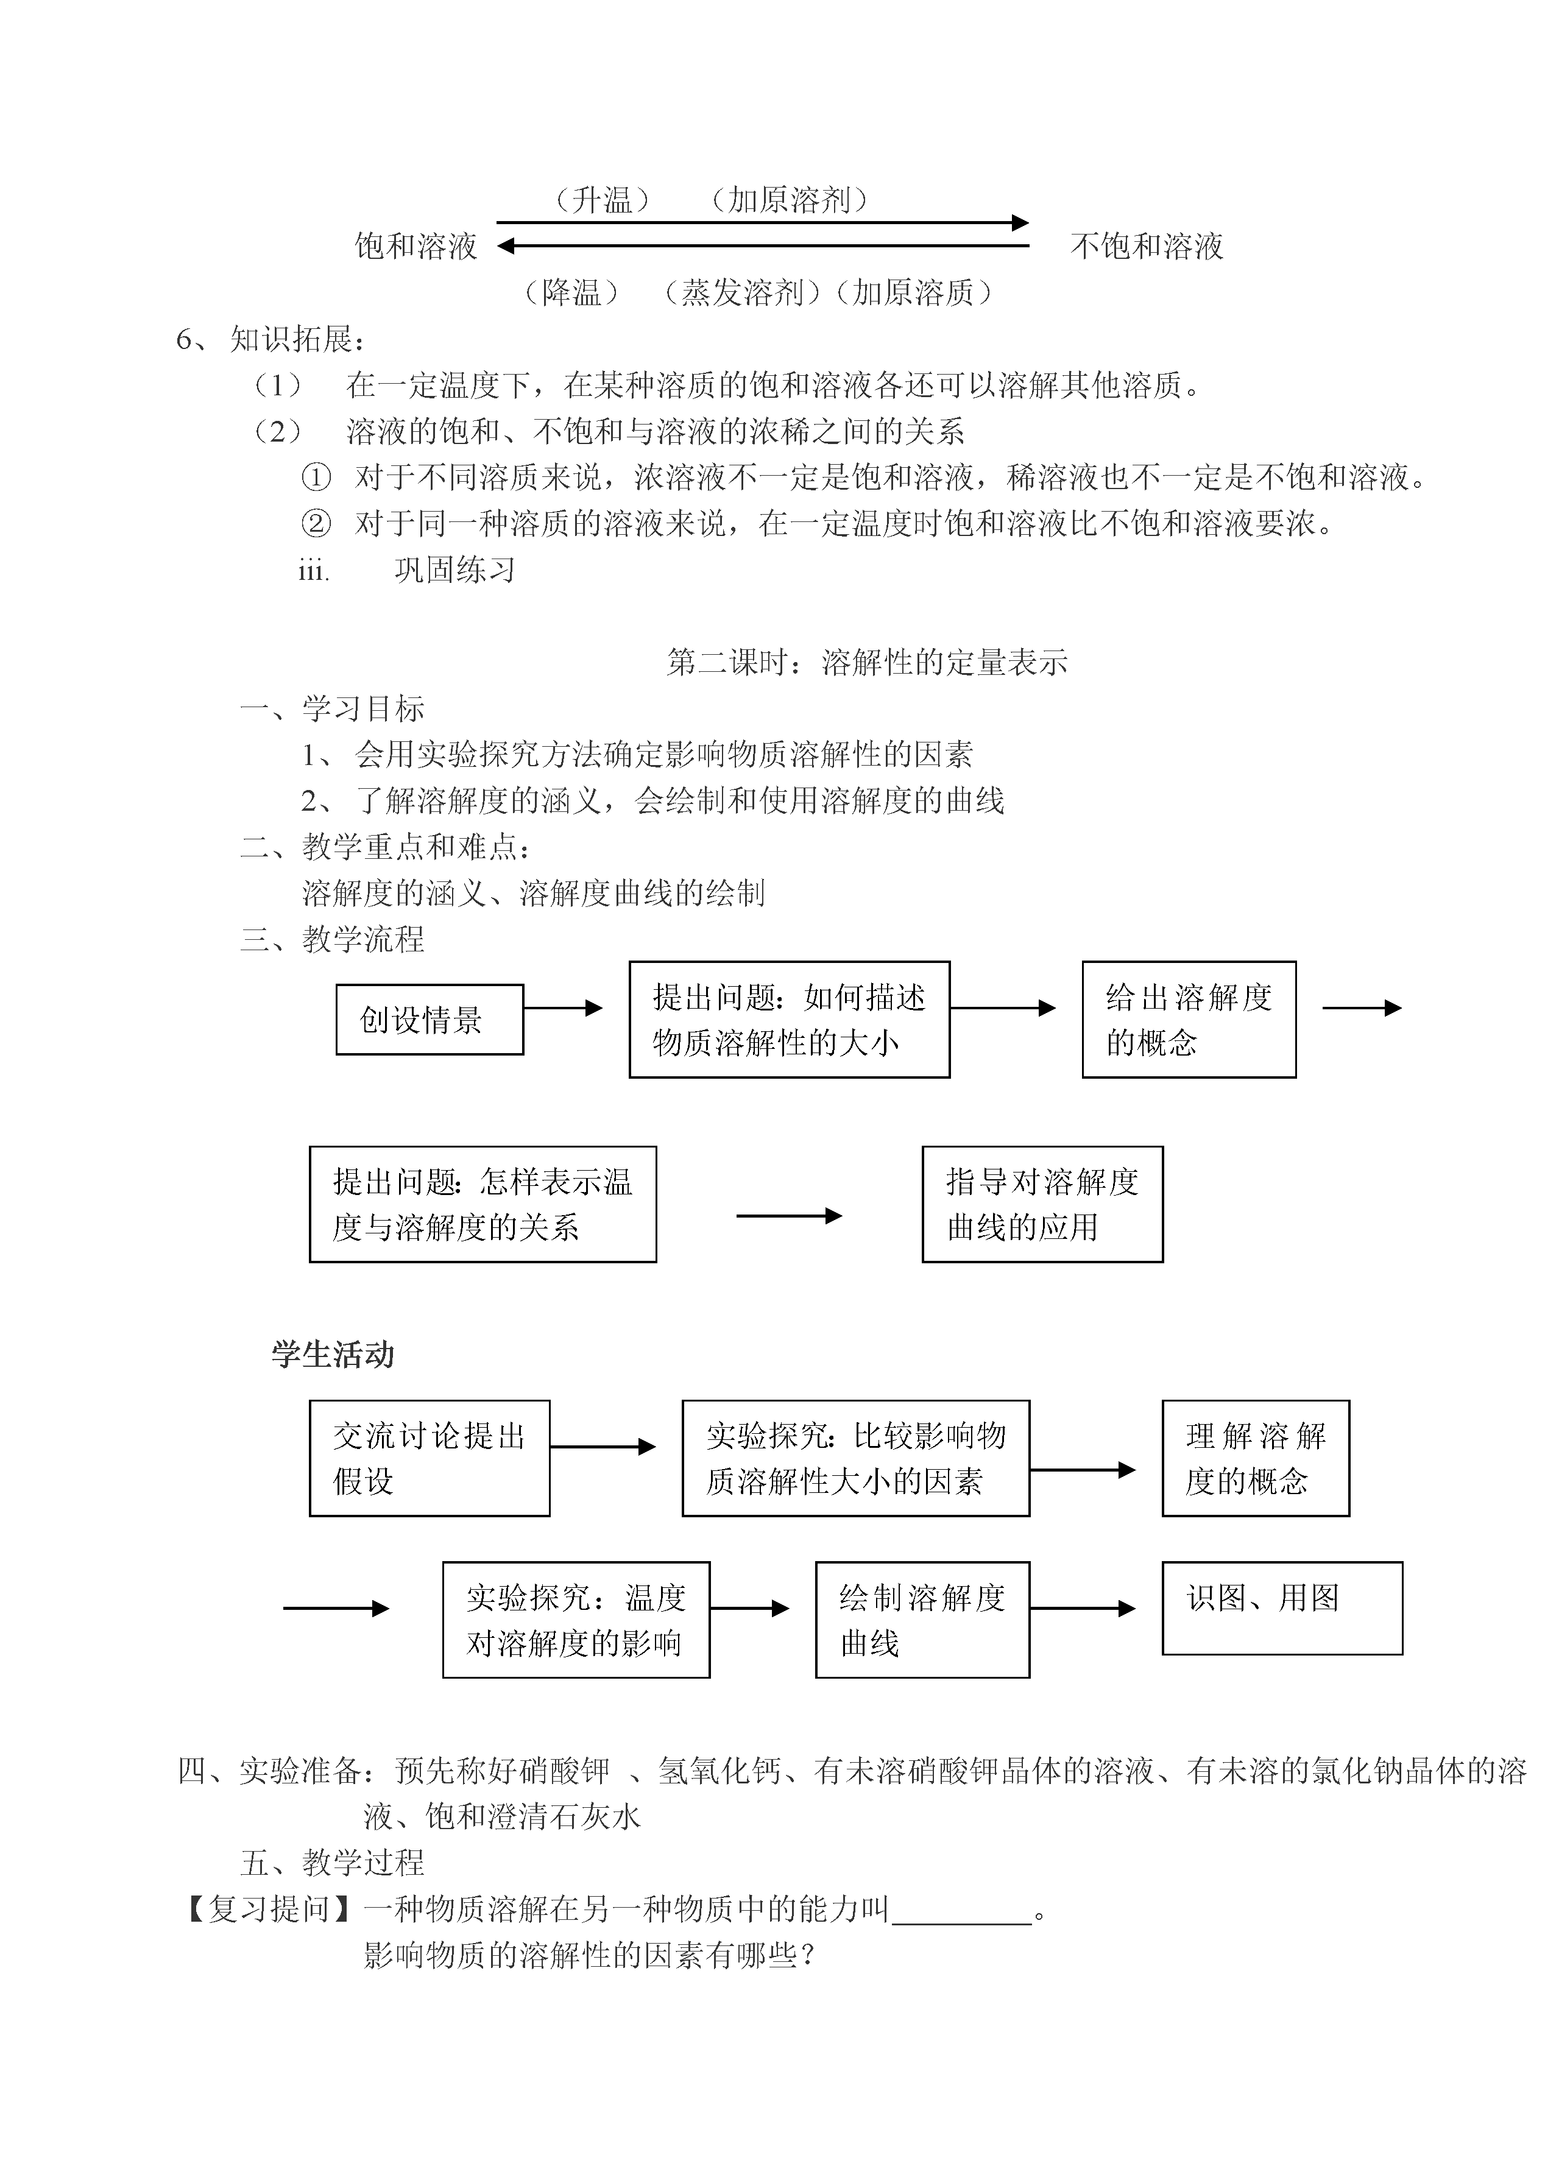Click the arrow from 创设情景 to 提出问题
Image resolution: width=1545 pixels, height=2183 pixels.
click(563, 1007)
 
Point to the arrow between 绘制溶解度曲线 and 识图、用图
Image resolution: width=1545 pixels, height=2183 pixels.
click(1083, 1609)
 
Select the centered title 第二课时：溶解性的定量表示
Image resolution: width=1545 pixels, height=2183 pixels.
click(867, 662)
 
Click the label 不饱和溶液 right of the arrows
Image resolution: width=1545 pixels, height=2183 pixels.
click(1147, 246)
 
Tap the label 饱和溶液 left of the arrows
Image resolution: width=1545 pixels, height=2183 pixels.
click(415, 246)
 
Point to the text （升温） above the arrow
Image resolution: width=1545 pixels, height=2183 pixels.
click(603, 200)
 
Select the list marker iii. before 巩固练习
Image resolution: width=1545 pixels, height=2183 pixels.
click(314, 571)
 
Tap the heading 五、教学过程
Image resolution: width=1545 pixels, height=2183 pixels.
click(332, 1863)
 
